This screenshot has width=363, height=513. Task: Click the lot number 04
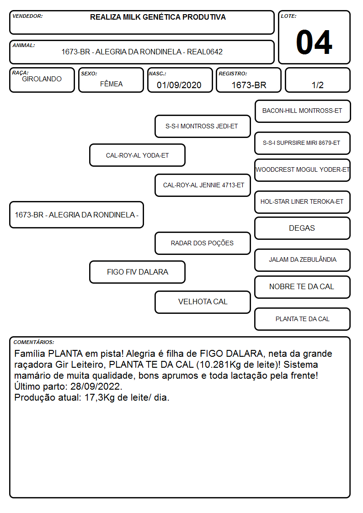point(314,42)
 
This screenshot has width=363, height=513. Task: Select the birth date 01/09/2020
point(179,85)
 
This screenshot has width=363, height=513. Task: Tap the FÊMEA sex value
point(111,84)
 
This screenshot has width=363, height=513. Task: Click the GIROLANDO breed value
point(42,79)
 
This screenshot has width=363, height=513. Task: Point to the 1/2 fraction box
point(317,80)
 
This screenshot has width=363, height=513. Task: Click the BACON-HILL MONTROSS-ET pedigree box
point(303,111)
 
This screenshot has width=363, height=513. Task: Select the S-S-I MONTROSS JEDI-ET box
point(203,126)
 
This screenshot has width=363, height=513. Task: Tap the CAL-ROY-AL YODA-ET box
point(137,155)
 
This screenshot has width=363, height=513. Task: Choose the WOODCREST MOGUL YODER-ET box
point(303,170)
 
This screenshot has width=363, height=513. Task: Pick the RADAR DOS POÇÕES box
point(203,243)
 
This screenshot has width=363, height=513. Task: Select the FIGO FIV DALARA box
point(137,272)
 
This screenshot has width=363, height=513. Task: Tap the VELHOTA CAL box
point(203,302)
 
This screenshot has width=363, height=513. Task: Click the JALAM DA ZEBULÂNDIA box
point(303,260)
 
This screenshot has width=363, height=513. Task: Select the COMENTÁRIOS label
point(34,342)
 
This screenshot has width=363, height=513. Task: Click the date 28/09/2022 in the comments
point(96,386)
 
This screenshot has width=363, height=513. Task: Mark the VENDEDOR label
point(27,16)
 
